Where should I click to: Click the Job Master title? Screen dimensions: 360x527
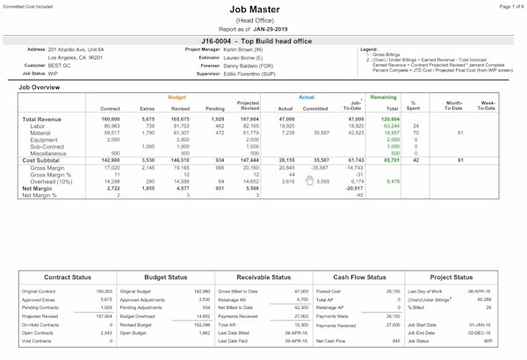point(263,11)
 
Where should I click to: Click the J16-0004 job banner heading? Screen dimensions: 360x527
point(263,40)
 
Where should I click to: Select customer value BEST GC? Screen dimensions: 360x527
point(60,65)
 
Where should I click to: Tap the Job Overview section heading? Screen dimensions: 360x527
point(40,88)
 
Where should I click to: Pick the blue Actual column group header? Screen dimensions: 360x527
point(307,97)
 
